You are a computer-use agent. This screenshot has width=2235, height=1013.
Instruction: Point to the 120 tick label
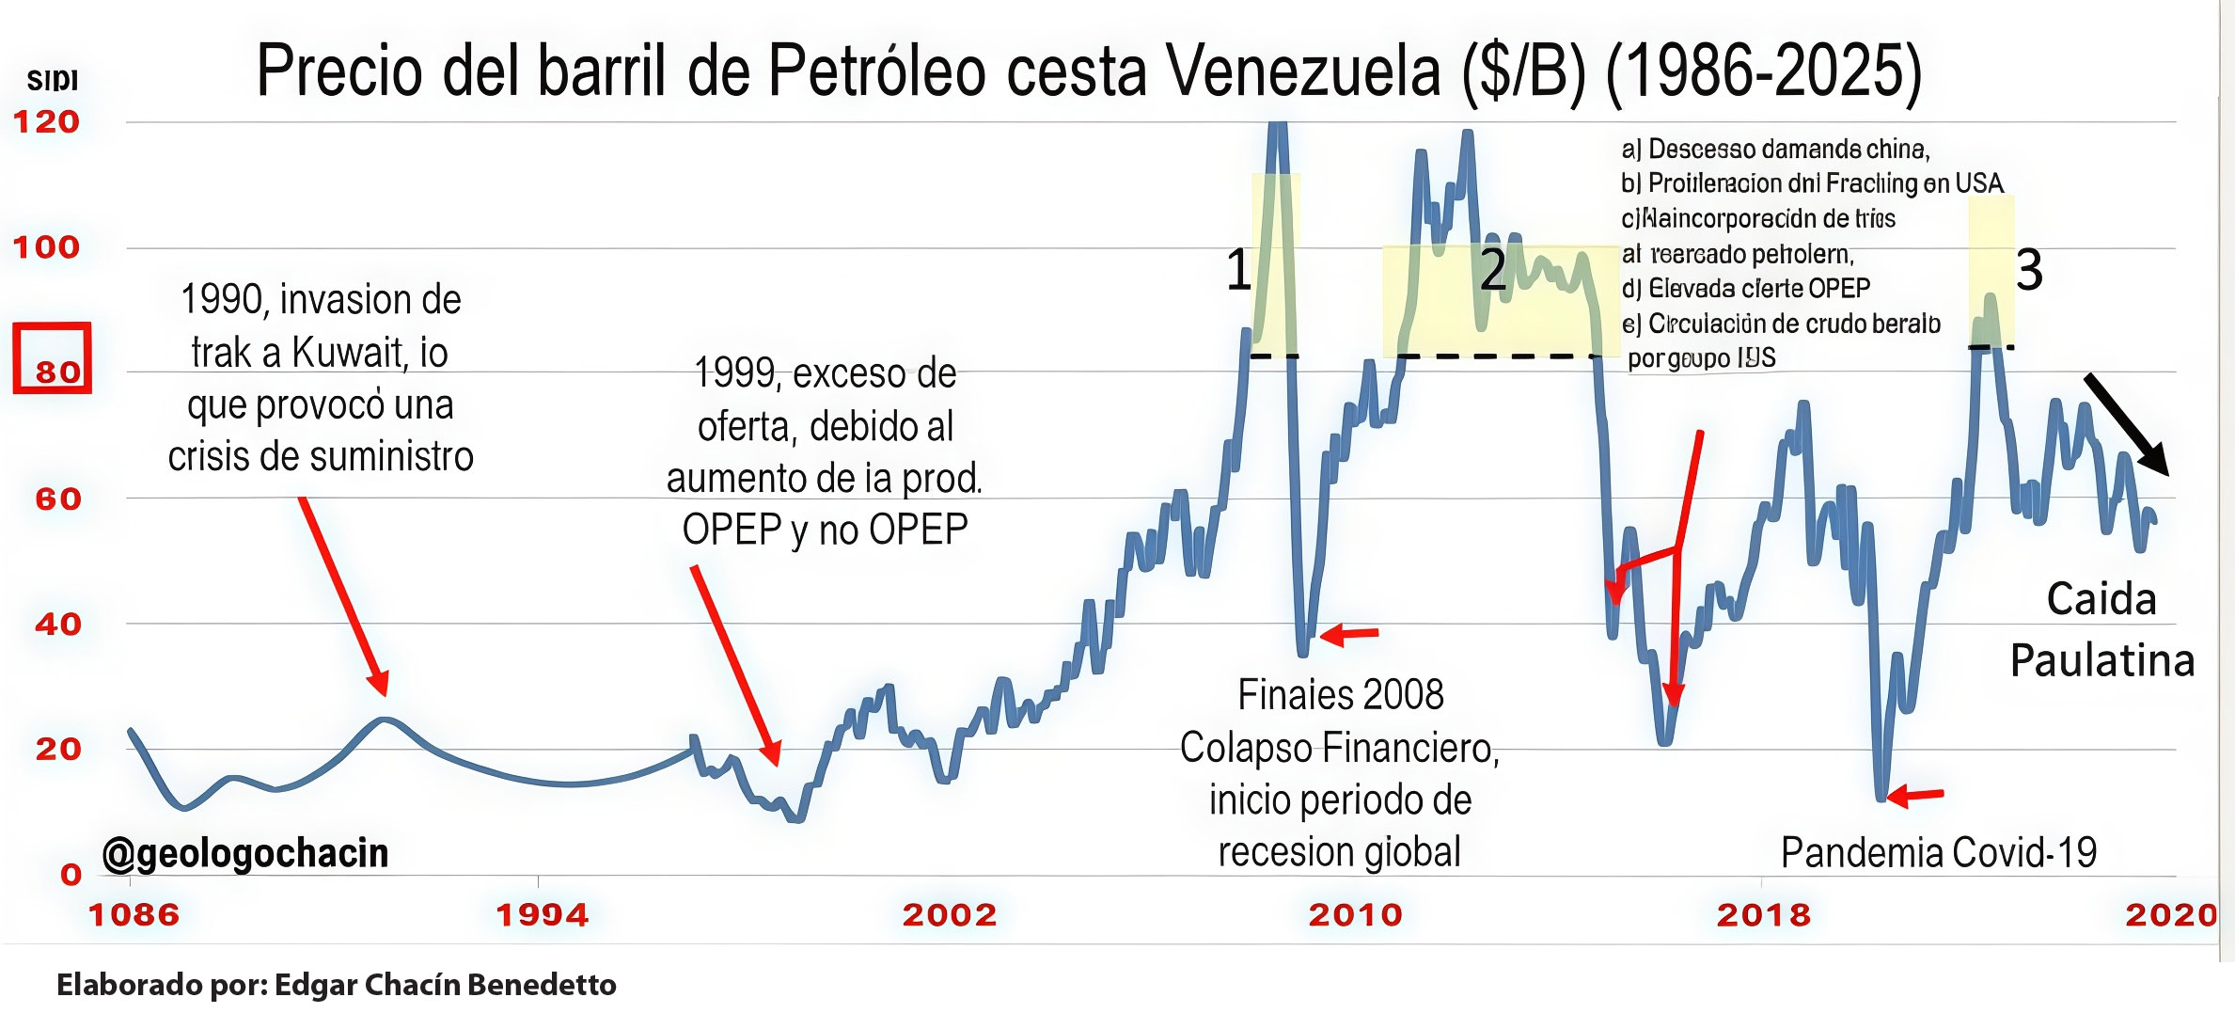click(46, 122)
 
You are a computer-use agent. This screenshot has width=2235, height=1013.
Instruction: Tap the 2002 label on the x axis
click(950, 914)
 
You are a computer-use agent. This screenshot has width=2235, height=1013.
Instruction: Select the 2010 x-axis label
click(1355, 914)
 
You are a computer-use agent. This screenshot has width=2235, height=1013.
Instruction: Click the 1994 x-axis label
click(543, 914)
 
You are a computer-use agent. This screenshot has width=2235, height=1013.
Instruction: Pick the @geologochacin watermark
click(245, 853)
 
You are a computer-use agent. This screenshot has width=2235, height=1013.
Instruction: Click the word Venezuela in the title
click(1302, 71)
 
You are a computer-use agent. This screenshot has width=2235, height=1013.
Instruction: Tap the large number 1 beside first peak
click(1238, 270)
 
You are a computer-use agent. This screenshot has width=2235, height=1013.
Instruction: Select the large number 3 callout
click(2029, 270)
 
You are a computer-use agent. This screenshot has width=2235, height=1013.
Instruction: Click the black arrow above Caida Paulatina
click(2127, 424)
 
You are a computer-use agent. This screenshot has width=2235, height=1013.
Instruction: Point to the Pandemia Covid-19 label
click(1939, 853)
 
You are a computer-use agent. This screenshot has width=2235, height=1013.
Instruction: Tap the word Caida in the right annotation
click(2101, 599)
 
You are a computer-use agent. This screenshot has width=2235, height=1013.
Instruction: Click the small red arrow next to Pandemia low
click(1915, 796)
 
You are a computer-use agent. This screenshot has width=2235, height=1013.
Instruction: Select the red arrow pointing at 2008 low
click(1350, 635)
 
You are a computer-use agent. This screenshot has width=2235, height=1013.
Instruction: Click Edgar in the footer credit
click(316, 985)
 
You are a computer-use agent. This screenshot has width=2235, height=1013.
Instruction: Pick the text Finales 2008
click(1340, 695)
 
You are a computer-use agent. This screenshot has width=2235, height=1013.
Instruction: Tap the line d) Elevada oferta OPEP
click(1746, 288)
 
